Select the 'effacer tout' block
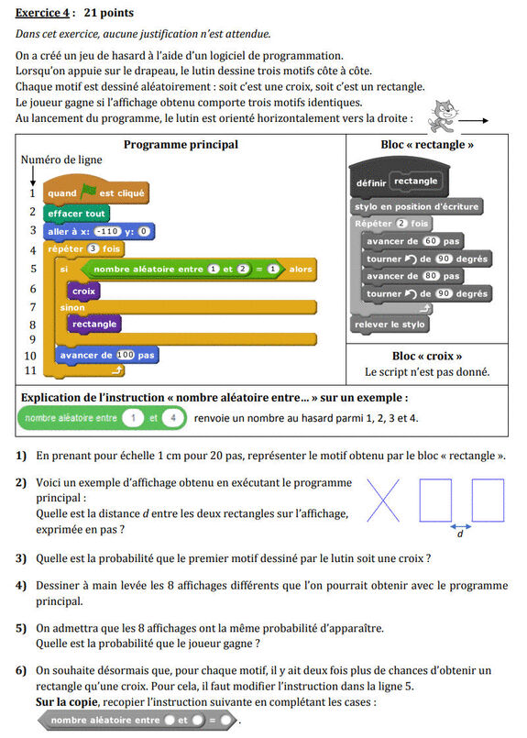tap(77, 213)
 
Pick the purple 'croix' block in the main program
tap(83, 291)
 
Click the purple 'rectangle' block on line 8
tap(94, 325)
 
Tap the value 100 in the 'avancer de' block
tap(126, 355)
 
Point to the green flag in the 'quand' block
tap(89, 193)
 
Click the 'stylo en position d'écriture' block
tap(416, 206)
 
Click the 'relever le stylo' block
tap(390, 325)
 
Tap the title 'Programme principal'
tap(181, 144)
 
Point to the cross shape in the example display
tap(384, 501)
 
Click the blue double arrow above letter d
tap(461, 526)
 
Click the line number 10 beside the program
tap(30, 356)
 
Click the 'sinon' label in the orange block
tap(72, 308)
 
